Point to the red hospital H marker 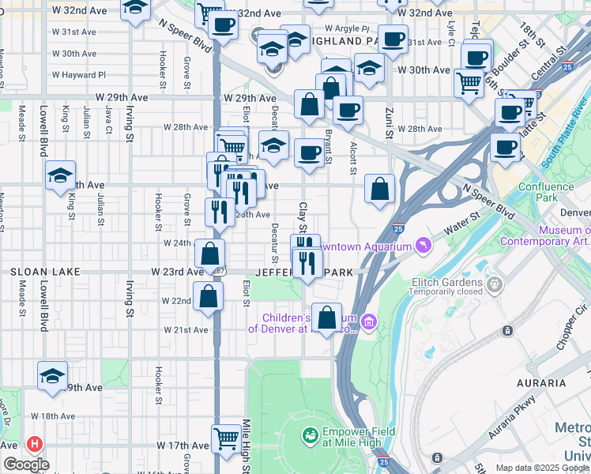(34, 445)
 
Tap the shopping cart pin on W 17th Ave (227, 437)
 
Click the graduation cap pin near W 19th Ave (52, 374)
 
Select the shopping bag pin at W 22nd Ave (209, 295)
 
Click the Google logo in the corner (26, 465)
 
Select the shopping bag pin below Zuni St (380, 189)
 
